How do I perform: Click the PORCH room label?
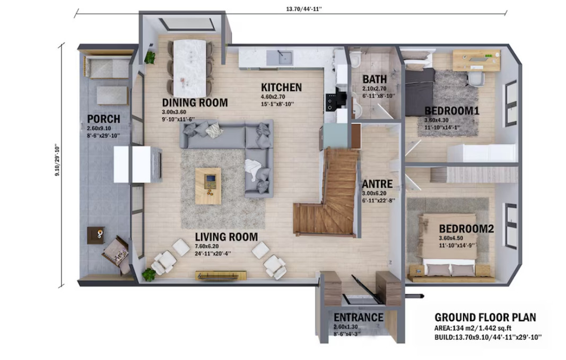click(103, 119)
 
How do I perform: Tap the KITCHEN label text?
click(281, 87)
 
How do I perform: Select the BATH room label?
click(375, 79)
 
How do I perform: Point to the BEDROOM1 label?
click(452, 111)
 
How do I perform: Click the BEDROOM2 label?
click(466, 229)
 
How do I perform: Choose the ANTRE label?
click(377, 184)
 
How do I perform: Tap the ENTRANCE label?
click(359, 318)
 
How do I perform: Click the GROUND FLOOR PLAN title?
click(485, 318)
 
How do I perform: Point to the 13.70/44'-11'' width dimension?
click(303, 8)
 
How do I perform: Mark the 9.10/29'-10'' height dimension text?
click(57, 160)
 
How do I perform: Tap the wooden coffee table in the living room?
click(208, 186)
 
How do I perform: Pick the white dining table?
click(190, 68)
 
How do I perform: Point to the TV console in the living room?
click(221, 276)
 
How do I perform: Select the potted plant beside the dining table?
click(150, 57)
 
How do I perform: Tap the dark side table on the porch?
click(95, 235)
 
